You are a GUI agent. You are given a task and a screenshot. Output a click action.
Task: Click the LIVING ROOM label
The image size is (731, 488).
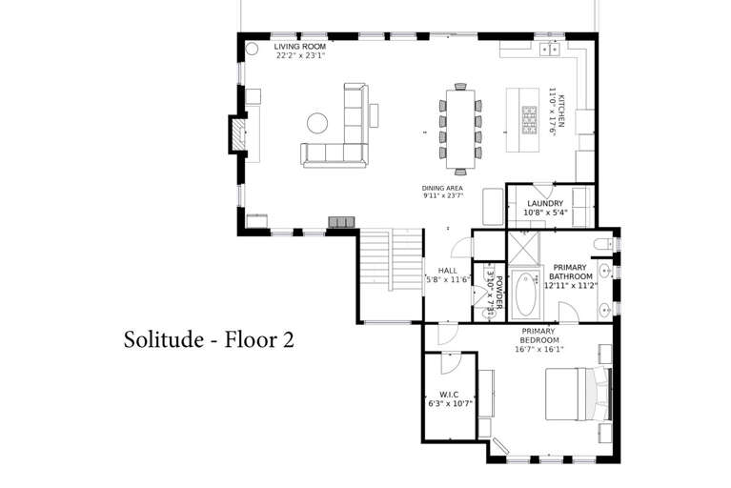[300, 47]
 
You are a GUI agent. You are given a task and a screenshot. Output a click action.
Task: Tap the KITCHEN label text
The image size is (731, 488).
[561, 111]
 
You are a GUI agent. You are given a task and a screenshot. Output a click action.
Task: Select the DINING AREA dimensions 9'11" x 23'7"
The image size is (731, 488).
[442, 196]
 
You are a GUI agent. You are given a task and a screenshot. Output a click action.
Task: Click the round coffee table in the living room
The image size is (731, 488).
[317, 123]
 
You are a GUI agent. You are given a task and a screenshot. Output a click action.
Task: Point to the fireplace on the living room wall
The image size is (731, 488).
[238, 133]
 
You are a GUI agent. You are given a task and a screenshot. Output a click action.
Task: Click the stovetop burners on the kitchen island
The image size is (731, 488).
[529, 120]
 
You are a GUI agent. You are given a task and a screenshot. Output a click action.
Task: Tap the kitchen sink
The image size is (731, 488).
[550, 49]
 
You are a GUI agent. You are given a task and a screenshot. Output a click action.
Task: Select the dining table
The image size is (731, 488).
[460, 129]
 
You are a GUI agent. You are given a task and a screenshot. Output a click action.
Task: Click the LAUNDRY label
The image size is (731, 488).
[545, 203]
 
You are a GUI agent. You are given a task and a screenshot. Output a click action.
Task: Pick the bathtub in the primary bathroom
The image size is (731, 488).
[525, 295]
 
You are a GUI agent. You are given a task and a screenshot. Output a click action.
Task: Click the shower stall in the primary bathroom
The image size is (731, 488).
[523, 248]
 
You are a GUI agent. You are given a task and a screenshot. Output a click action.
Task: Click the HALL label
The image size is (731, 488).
[448, 271]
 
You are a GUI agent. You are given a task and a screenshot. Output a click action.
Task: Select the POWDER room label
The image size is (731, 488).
[498, 293]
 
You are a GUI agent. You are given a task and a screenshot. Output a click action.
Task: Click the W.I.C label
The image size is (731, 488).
[449, 395]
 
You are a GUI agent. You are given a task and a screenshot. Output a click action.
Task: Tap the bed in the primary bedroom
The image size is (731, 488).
[579, 395]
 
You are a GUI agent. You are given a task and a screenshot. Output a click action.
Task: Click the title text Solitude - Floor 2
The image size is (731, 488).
[209, 339]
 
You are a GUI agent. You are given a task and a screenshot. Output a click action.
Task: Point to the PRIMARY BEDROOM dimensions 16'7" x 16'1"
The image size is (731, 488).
[538, 349]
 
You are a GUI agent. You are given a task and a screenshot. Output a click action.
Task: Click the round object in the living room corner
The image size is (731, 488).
[252, 48]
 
